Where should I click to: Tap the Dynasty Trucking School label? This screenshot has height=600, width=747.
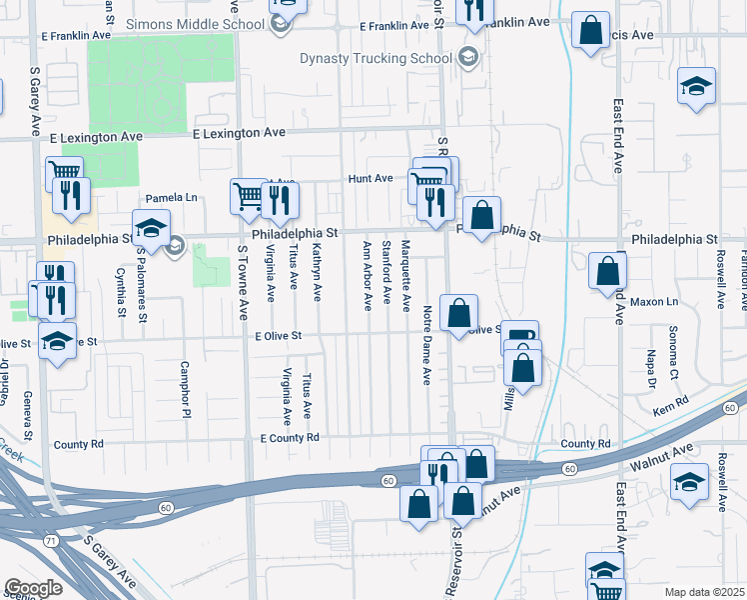coord(375,58)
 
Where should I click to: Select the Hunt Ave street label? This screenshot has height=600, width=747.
coord(370,178)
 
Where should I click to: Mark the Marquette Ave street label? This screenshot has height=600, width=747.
coord(405,275)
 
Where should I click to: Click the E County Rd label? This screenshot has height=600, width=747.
coord(289,438)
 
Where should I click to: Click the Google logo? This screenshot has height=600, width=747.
coord(33,588)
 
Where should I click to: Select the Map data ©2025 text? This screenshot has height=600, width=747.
coord(704,592)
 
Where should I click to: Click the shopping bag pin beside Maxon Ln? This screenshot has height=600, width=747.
coord(607,272)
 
